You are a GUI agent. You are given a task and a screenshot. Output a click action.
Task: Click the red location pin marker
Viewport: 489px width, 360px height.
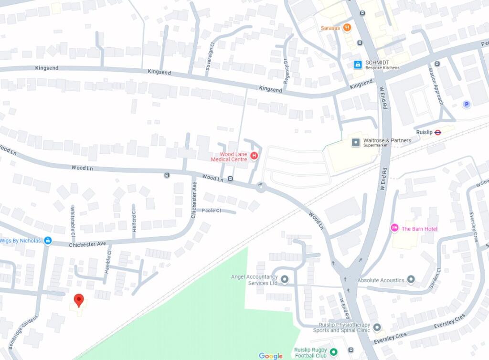click(79, 300)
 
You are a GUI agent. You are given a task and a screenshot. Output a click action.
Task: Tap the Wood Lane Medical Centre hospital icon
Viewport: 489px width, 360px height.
click(254, 155)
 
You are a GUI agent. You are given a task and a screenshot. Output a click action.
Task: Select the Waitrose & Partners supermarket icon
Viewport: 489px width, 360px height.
click(355, 142)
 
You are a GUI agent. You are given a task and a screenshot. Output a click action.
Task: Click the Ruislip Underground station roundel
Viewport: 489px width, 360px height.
click(437, 132)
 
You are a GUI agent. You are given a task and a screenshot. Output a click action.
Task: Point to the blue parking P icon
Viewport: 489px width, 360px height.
click(466, 104)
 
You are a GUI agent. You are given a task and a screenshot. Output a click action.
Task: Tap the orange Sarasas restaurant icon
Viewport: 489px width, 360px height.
click(347, 28)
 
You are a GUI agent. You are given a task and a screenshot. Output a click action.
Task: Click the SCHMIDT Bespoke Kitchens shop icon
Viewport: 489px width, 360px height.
click(357, 64)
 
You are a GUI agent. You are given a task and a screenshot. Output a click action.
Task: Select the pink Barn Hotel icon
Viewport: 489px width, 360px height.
click(394, 229)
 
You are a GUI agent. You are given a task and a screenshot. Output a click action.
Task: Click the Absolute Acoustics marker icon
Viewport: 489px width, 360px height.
click(411, 280)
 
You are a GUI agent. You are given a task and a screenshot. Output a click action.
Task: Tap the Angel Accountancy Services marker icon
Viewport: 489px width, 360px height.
click(285, 279)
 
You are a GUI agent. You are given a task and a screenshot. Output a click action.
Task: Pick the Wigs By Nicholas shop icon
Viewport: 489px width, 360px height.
click(48, 240)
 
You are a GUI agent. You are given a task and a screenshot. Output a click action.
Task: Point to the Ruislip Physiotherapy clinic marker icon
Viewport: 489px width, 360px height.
click(377, 327)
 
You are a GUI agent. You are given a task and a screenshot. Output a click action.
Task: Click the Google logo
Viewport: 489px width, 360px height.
click(271, 356)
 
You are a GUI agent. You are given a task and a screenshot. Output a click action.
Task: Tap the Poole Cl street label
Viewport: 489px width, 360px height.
click(212, 211)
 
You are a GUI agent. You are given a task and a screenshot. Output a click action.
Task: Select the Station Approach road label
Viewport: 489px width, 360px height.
click(436, 86)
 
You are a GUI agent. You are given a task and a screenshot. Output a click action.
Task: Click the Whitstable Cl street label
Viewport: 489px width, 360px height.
click(73, 222)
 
